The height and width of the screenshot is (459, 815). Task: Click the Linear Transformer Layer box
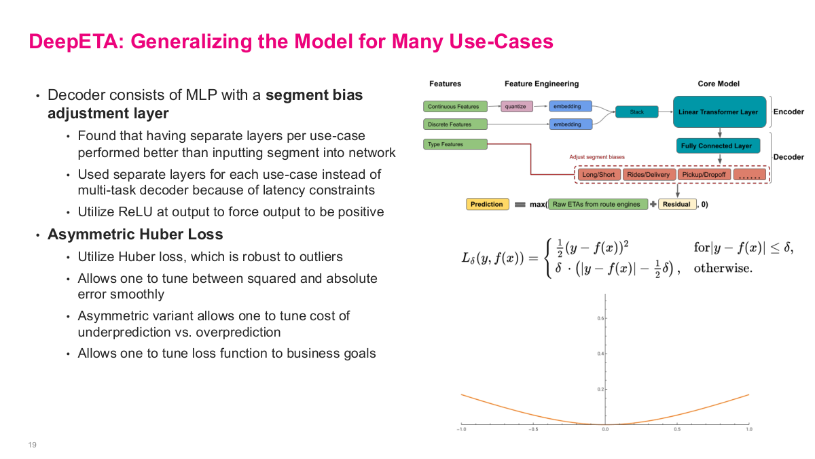[720, 112]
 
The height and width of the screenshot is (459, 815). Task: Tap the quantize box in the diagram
[515, 107]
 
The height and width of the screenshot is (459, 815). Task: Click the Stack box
[636, 112]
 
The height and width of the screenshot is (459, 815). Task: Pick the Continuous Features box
[456, 107]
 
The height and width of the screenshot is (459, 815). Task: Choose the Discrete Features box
[456, 124]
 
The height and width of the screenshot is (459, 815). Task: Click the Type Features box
[456, 144]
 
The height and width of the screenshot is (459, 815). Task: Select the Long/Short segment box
[598, 175]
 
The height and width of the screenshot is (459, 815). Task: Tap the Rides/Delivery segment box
[648, 175]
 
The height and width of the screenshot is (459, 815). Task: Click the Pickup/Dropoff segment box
[704, 175]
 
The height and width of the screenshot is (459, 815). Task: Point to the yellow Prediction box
[486, 204]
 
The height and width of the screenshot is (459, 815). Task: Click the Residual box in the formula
[676, 204]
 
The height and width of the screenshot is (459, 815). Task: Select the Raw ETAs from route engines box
[597, 204]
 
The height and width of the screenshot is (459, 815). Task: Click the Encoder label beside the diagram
[789, 112]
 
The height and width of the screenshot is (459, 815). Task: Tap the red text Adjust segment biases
[598, 157]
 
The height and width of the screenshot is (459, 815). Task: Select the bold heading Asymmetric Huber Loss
[134, 235]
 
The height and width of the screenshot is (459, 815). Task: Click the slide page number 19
[32, 445]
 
